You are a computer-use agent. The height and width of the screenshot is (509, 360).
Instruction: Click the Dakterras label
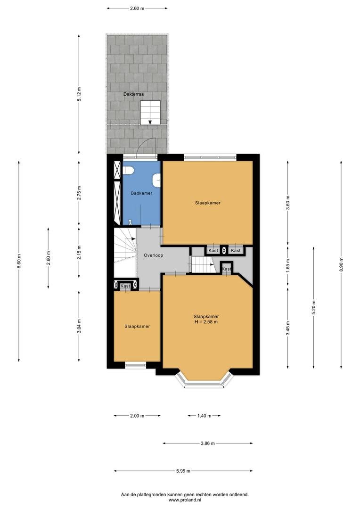coord(133,94)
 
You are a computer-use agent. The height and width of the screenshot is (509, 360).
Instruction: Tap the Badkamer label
coord(141,193)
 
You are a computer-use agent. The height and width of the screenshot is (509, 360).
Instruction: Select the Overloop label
coord(154,255)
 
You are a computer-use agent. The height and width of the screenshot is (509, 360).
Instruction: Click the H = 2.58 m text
coord(206,322)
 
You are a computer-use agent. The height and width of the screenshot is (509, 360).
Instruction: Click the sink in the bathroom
coord(157,180)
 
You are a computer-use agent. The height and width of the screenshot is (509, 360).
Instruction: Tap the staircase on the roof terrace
coord(150,113)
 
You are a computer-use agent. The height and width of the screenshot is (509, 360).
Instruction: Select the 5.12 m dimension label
coord(79,94)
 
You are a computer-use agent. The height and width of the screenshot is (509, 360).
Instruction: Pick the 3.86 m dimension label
coord(208,443)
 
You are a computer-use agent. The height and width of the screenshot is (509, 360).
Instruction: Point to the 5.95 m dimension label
coord(183,471)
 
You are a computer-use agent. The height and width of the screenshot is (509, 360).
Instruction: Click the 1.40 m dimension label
coord(204,416)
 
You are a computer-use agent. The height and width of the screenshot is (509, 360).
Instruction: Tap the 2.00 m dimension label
coord(137,416)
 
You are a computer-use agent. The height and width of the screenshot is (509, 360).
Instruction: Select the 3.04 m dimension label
coord(79,326)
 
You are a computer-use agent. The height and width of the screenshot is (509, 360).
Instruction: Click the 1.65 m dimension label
coord(288,265)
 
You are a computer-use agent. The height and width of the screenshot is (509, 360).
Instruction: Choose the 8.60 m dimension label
coord(19,261)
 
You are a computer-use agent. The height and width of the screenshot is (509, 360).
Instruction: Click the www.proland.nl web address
coord(185,500)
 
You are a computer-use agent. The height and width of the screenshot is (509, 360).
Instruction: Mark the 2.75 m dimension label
coord(79,193)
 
